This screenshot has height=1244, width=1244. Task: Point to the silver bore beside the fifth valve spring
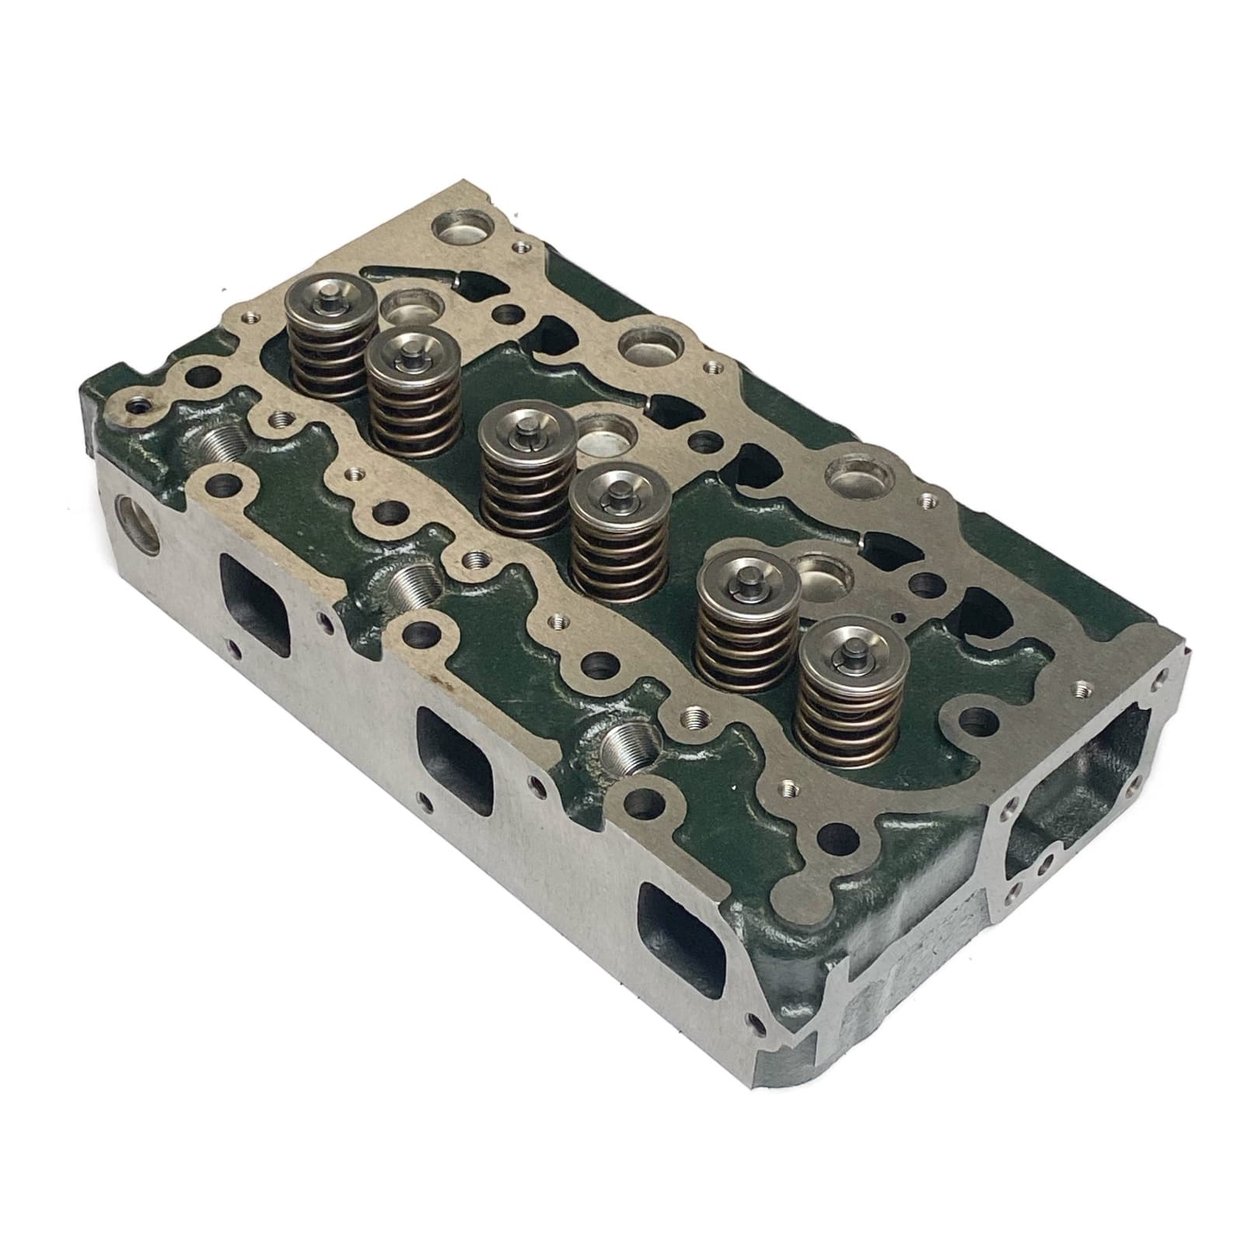click(820, 576)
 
